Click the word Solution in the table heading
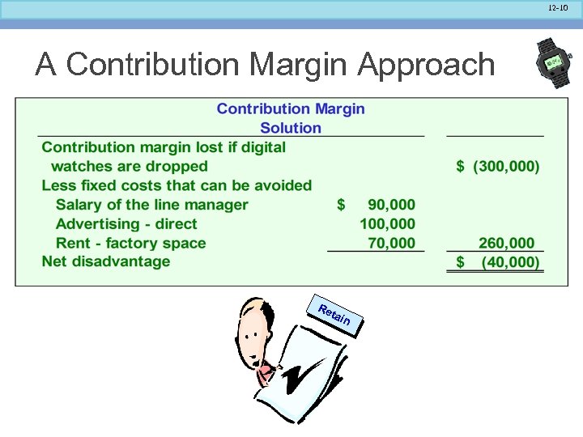291,128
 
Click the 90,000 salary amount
391,205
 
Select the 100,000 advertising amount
387,224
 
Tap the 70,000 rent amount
391,243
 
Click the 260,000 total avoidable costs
506,243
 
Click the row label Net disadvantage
106,261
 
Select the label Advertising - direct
126,224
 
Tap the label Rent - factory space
130,243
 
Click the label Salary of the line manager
151,205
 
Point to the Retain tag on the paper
334,316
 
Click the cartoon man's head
257,328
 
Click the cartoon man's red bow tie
266,371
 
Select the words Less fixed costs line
177,185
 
